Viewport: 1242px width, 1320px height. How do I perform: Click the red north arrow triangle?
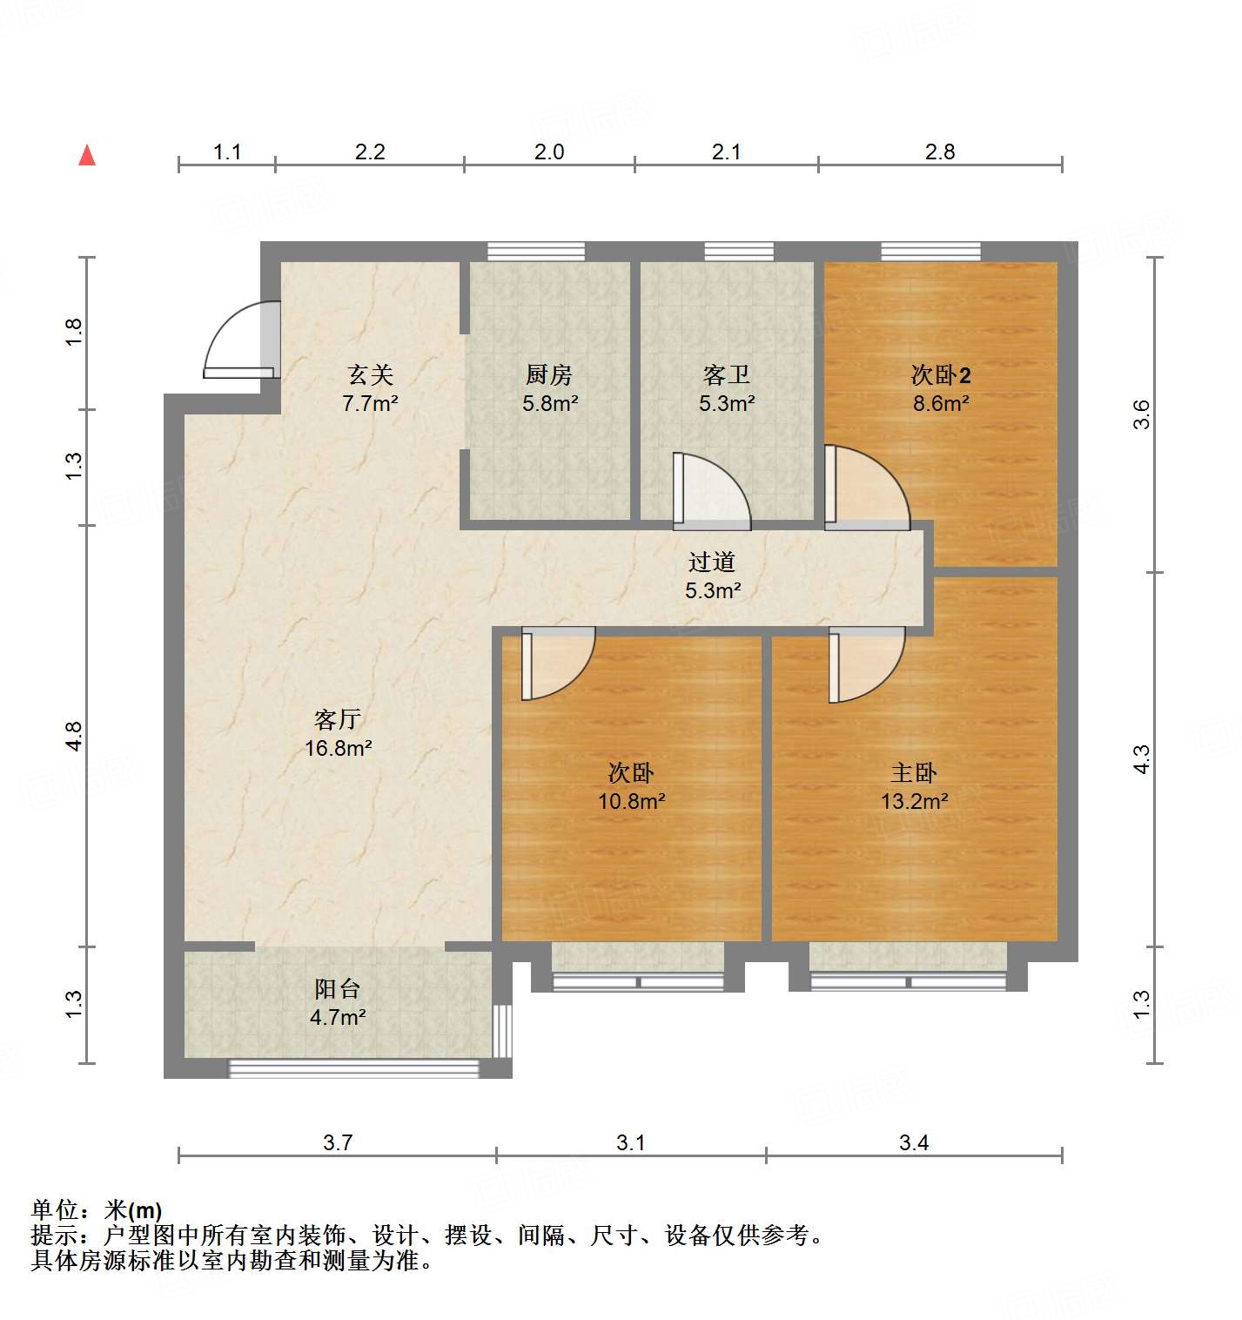pos(87,156)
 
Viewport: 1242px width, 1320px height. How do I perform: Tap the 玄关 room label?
pos(371,374)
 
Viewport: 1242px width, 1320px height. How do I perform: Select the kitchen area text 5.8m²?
pos(550,403)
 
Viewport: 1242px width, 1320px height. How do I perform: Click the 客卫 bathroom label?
pos(726,374)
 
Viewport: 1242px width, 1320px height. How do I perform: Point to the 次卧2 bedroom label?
pos(940,374)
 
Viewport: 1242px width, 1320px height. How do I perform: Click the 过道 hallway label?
pos(712,562)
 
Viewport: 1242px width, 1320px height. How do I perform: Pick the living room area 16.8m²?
pos(338,748)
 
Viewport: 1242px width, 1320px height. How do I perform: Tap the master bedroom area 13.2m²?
pos(914,801)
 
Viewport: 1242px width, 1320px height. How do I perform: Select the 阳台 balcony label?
pos(337,989)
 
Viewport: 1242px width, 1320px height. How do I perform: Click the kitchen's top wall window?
pos(535,252)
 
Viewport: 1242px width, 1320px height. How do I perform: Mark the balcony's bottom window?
pos(353,1068)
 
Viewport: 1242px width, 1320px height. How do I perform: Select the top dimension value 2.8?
pos(940,152)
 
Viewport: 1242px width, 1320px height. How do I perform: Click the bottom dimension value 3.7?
pos(338,1142)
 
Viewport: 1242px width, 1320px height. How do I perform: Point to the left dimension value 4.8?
pos(75,737)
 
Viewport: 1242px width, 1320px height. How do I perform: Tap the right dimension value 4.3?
pos(1141,759)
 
